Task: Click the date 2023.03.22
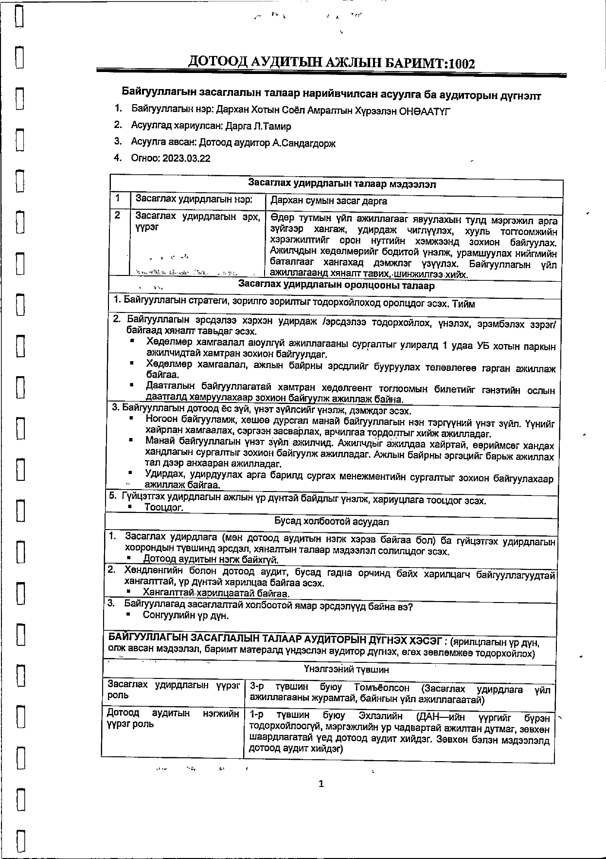(186, 158)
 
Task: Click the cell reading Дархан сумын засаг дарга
(329, 201)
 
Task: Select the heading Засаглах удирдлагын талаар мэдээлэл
(342, 184)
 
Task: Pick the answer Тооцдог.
(164, 508)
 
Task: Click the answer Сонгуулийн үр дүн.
(185, 615)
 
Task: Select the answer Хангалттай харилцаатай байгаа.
(216, 593)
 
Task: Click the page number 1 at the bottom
(321, 784)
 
